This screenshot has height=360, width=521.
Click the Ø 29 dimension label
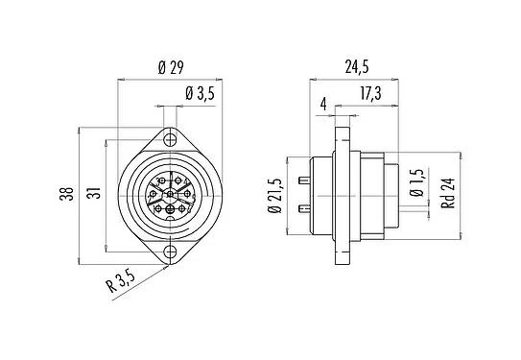point(171,68)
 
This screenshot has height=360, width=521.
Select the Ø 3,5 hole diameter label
point(197,93)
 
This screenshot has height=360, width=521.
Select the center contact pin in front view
point(170,195)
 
